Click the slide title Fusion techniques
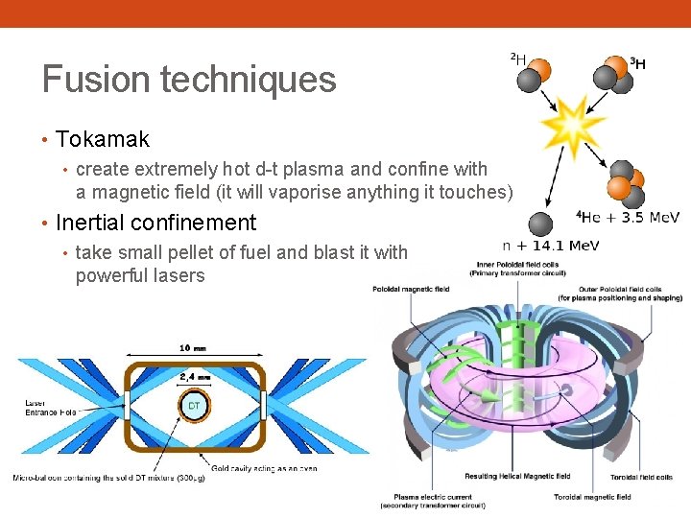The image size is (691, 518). [189, 79]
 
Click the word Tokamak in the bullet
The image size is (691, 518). [103, 139]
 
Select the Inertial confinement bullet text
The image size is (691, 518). [156, 223]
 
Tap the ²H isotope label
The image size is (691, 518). [517, 59]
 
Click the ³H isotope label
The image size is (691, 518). [637, 64]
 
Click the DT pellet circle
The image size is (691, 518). [194, 406]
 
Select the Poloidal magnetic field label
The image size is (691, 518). [412, 289]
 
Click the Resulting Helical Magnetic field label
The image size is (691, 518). [517, 476]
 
